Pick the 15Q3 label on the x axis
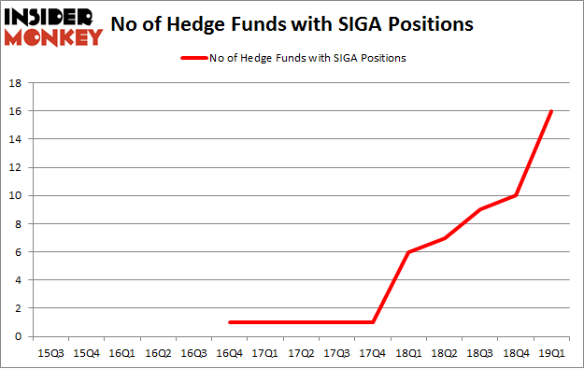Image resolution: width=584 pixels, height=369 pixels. [50, 353]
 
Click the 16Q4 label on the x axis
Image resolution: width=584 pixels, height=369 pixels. [229, 353]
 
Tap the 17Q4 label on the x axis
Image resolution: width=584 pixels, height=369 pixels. [373, 353]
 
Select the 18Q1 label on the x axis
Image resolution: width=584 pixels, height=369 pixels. [408, 353]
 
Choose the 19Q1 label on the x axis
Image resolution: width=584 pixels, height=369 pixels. [551, 353]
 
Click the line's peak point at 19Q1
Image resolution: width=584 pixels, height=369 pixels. [551, 111]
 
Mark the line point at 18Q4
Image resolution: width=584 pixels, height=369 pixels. [516, 195]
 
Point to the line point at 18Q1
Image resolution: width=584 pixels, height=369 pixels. [408, 252]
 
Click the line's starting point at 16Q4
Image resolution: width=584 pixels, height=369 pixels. [230, 322]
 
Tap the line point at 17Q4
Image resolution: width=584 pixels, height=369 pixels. [373, 322]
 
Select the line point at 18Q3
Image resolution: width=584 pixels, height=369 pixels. [480, 209]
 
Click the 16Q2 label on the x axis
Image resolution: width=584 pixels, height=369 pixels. [158, 353]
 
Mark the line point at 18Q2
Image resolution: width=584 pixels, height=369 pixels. [444, 238]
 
